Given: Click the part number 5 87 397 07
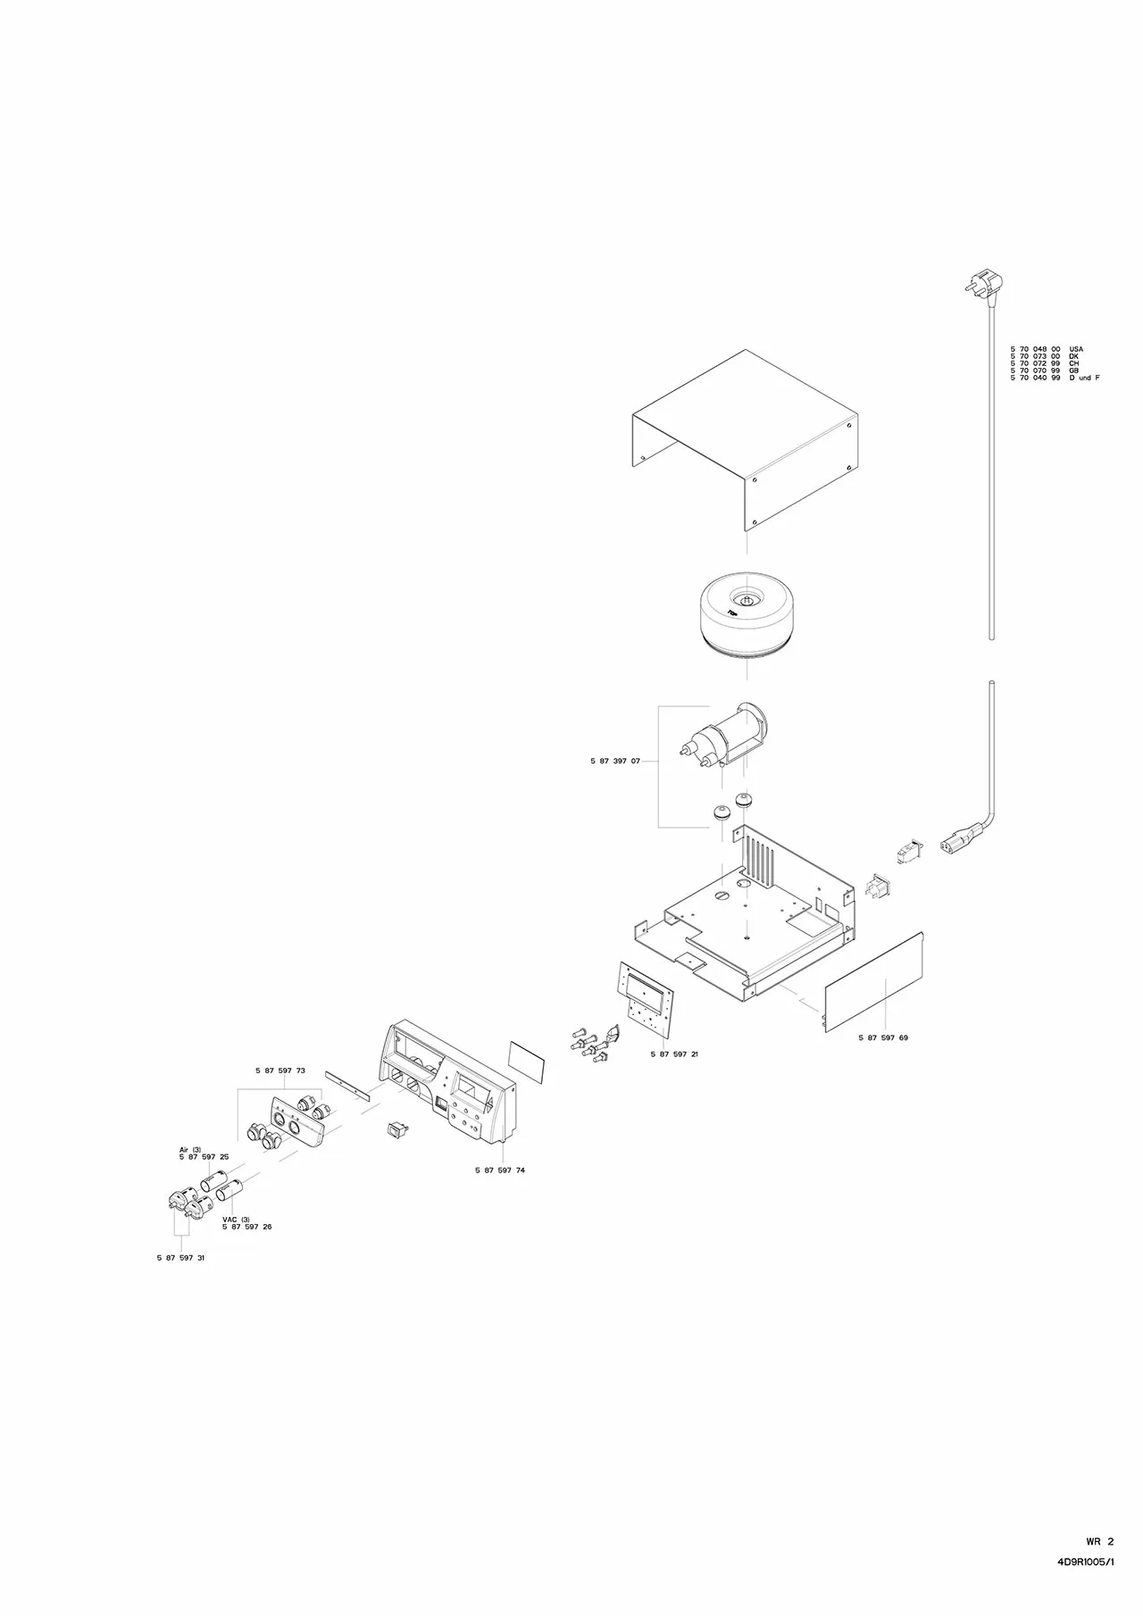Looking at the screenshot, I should tap(614, 762).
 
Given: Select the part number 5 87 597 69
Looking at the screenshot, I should tap(883, 1038).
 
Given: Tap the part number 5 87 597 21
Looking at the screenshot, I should tap(674, 1054).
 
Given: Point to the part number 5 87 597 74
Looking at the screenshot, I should tap(500, 1170).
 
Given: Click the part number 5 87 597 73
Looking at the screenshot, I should tap(280, 1070).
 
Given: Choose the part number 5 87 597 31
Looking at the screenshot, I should tap(180, 1257).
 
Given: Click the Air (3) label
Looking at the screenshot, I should tap(190, 1149).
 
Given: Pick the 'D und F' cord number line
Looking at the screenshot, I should tap(1055, 378).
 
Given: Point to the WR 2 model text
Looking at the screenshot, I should tap(1100, 1565).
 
